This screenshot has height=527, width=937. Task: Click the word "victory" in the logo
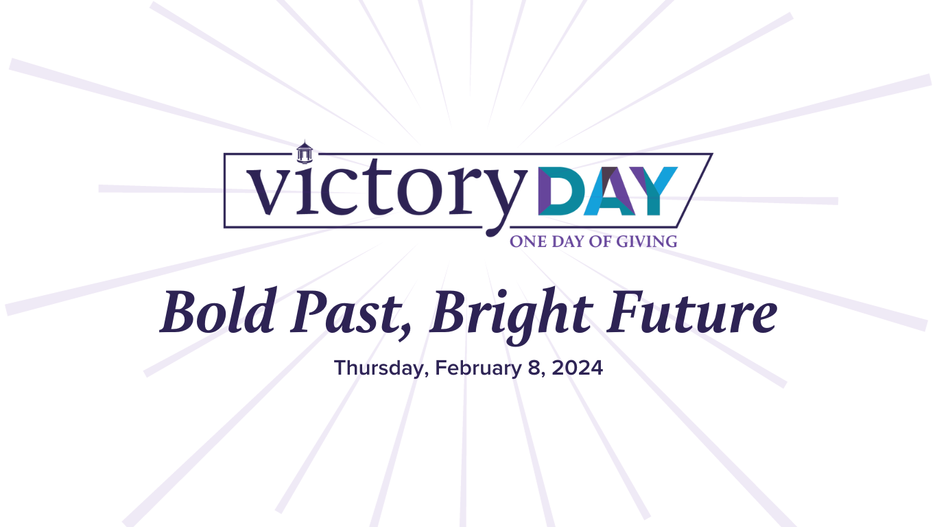coord(387,191)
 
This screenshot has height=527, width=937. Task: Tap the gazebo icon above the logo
coord(305,152)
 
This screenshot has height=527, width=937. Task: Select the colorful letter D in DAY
coord(561,191)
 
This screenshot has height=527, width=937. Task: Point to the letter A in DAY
coord(610,191)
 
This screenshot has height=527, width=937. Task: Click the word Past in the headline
coord(347,312)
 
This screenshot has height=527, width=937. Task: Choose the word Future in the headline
coord(691,312)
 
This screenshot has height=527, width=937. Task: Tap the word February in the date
coord(478,368)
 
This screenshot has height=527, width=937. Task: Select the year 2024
coord(578,368)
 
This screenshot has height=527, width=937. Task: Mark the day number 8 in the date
coord(535,368)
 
